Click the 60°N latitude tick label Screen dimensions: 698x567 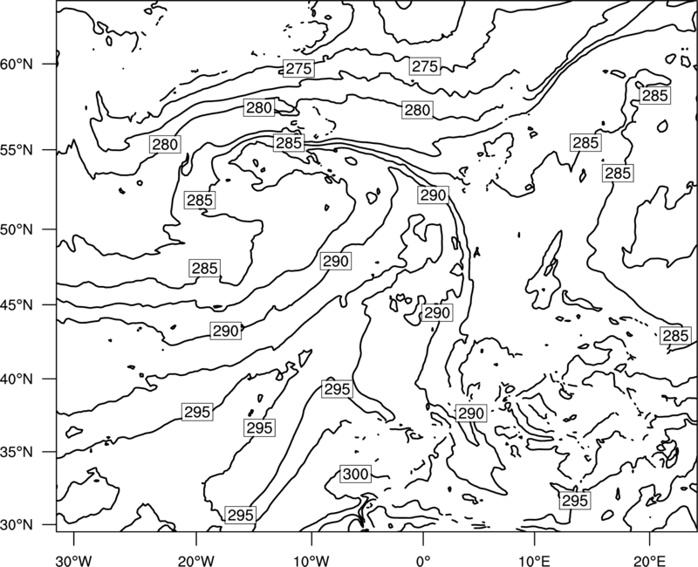(17, 65)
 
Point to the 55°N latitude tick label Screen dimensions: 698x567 (17, 150)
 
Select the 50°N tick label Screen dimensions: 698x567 (17, 229)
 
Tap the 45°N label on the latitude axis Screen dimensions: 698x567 (17, 304)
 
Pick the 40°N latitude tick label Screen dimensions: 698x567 (17, 379)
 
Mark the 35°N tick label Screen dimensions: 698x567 (17, 452)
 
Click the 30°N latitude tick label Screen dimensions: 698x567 (17, 525)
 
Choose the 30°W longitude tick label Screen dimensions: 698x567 (74, 560)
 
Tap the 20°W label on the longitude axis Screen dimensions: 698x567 (196, 560)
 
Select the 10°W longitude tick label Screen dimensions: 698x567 (311, 560)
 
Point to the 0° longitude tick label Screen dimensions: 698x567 (423, 560)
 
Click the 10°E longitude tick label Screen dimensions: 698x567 (534, 560)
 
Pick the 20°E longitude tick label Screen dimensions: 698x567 (649, 560)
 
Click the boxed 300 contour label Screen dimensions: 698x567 (355, 474)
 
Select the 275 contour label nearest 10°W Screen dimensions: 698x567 (298, 69)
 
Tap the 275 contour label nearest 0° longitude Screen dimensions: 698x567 (425, 66)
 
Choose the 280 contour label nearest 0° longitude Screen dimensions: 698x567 (417, 110)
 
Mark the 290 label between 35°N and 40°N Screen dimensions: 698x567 (471, 413)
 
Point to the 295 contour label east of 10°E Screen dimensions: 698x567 (575, 501)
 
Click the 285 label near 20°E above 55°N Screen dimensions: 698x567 (655, 95)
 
